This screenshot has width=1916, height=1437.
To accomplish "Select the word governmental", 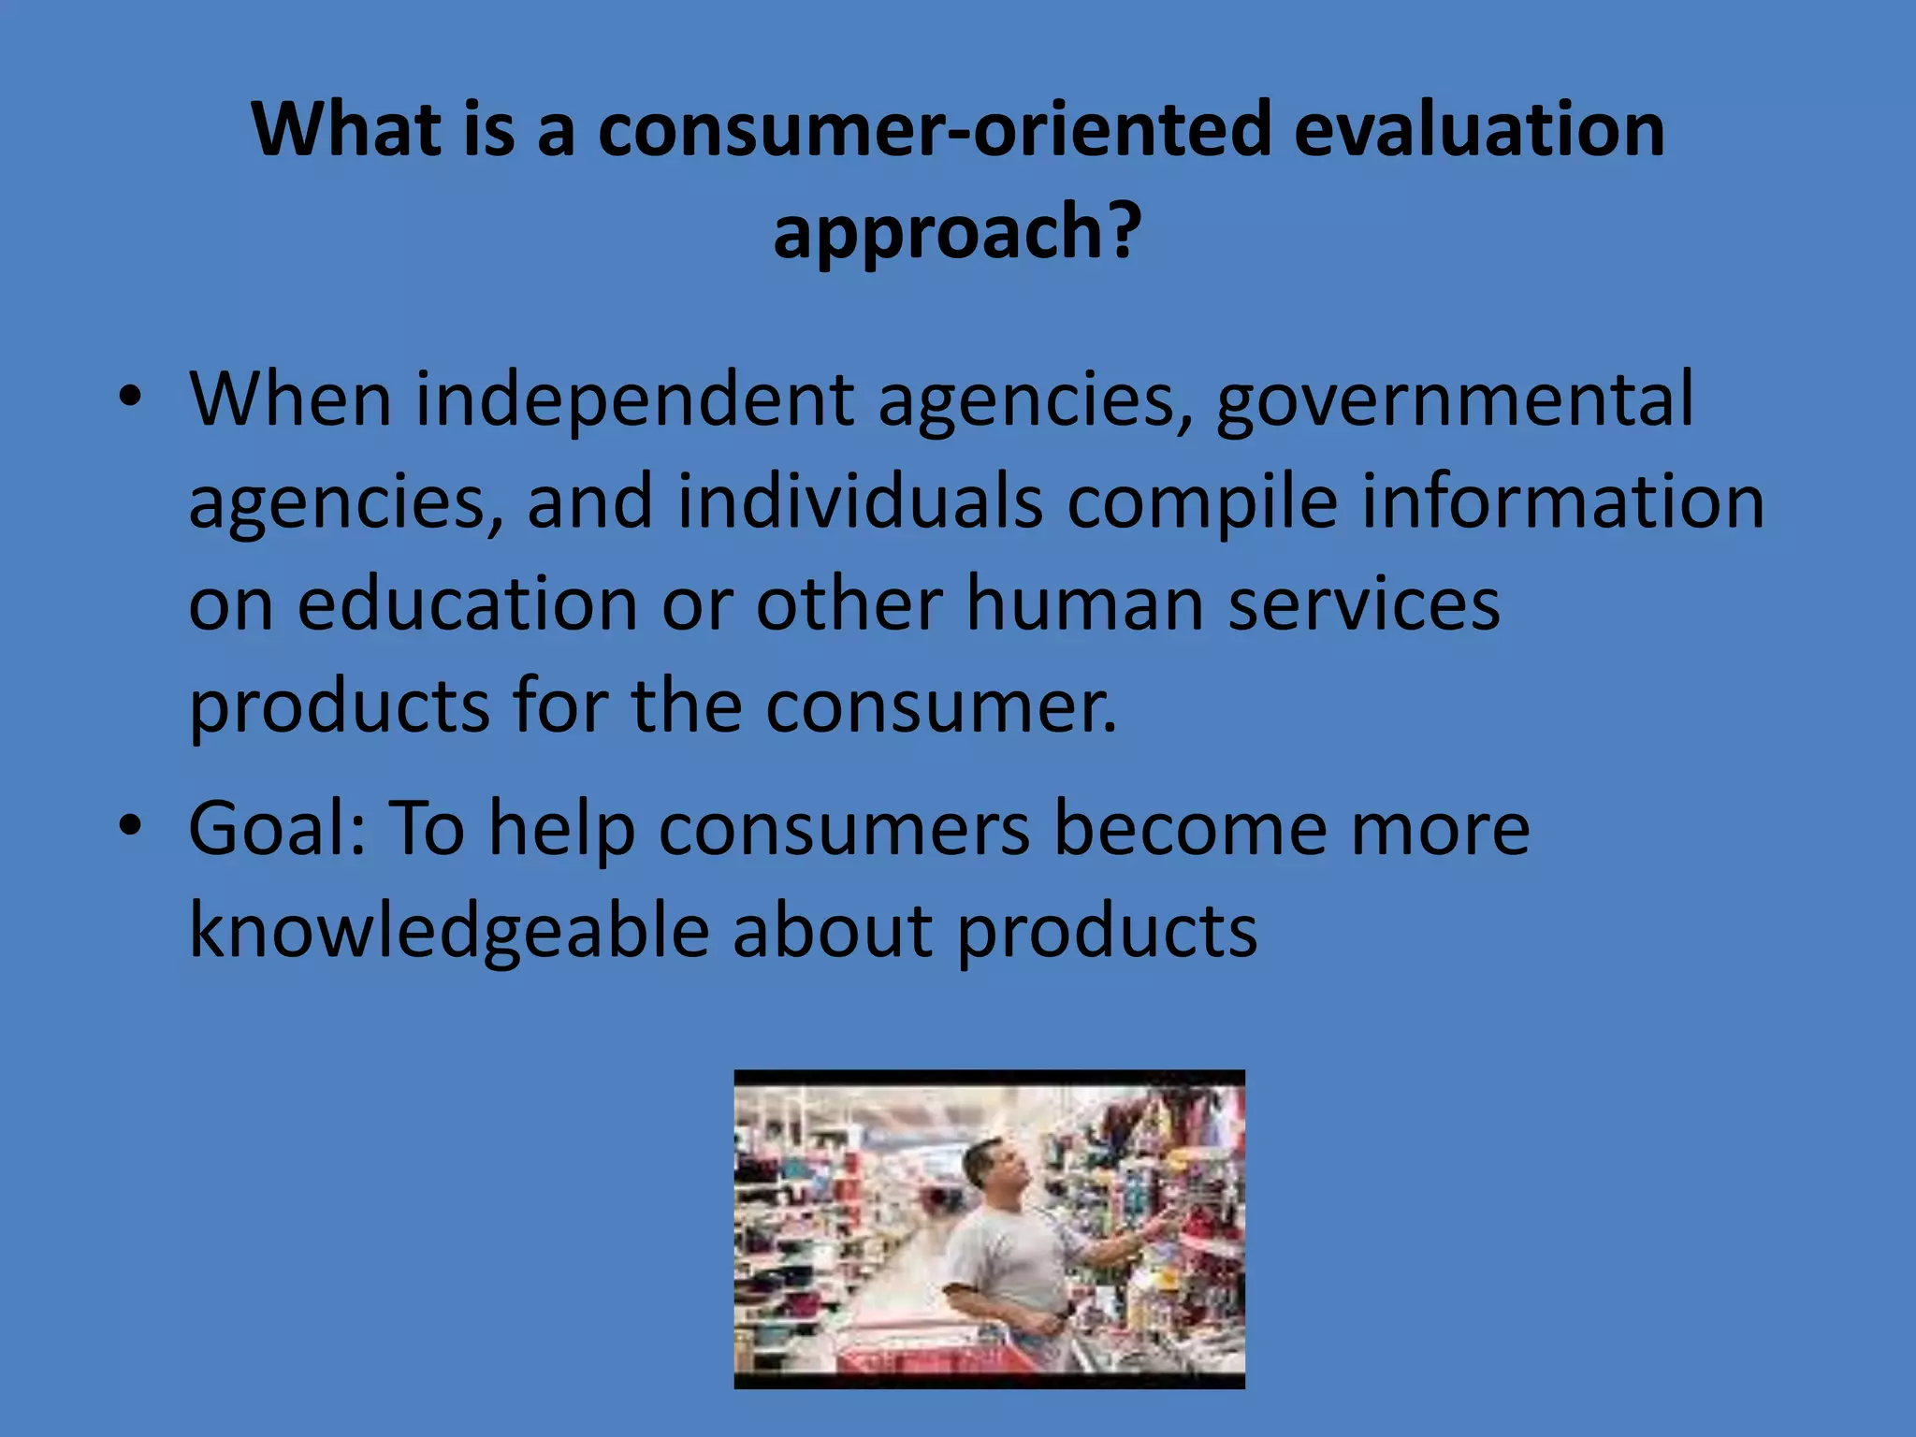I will [x=1454, y=400].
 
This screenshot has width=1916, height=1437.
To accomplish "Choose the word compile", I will [x=1201, y=502].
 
